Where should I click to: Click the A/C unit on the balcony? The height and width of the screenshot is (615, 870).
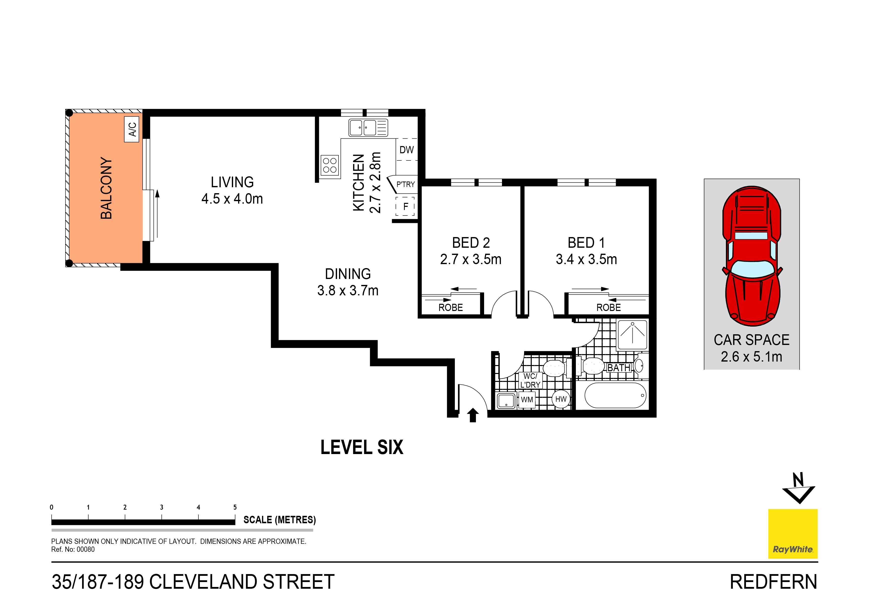pos(131,129)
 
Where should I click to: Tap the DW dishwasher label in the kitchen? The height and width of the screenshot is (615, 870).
pos(406,150)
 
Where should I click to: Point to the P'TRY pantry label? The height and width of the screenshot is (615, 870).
pos(405,184)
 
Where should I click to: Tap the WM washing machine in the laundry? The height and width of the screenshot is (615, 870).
pos(527,400)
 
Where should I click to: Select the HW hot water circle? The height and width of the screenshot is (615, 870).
pos(561,399)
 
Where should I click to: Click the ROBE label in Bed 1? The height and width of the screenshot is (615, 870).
pos(609,308)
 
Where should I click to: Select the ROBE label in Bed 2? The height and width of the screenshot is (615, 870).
pos(451,308)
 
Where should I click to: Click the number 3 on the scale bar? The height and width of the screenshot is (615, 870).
pos(161,507)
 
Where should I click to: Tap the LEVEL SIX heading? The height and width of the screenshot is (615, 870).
pos(362,448)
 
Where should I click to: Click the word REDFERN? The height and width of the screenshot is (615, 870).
pos(773,582)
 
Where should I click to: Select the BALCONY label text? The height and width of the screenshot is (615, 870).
pos(106,188)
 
